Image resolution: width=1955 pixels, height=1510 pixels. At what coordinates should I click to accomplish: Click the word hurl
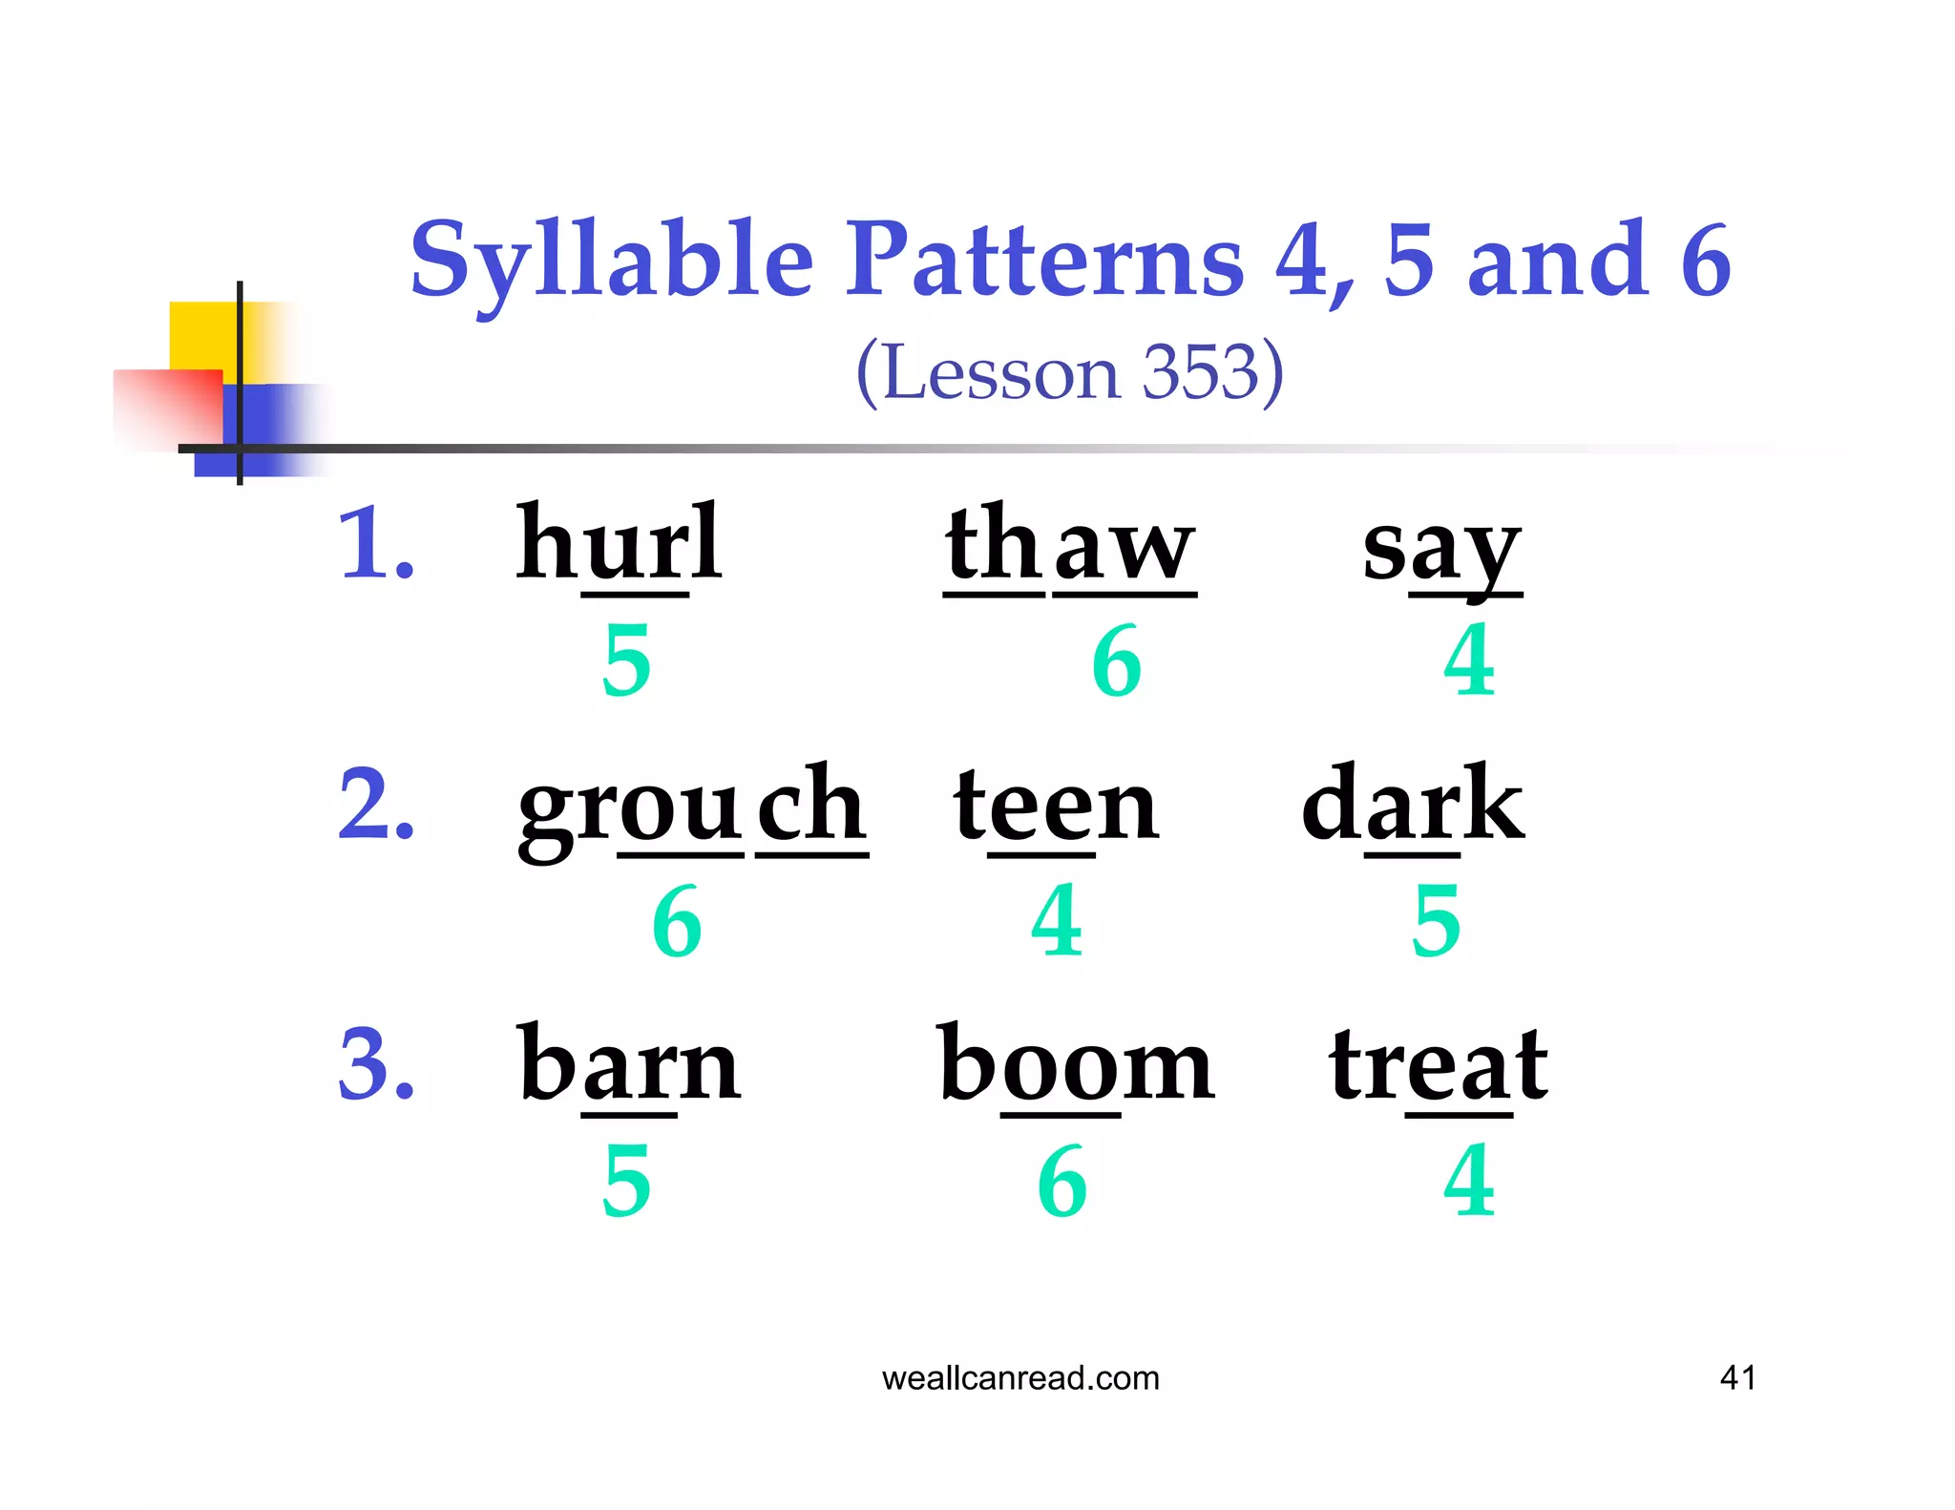coord(619,544)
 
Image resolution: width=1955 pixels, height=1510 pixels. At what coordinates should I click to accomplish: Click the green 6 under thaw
coord(1116,661)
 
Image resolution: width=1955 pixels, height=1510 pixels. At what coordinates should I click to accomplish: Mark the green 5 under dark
coord(1436,921)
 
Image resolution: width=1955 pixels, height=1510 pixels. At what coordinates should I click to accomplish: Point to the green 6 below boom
coord(1062,1182)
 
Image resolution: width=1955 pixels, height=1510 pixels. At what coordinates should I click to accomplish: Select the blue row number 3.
coord(375,1064)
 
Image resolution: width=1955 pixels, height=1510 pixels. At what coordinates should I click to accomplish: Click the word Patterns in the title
coord(1045,260)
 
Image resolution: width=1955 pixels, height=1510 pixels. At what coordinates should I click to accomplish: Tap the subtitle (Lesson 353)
coord(1069,373)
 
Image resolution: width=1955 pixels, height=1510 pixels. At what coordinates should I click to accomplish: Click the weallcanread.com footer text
coord(1020,1377)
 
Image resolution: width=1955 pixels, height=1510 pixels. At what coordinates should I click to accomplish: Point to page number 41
coord(1736,1377)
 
